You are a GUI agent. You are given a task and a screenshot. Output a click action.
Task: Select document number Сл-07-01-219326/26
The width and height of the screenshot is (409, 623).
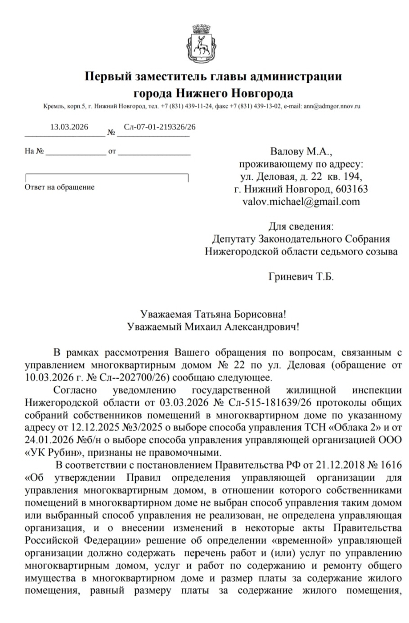click(x=159, y=127)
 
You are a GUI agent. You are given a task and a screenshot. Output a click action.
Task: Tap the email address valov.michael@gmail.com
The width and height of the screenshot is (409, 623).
click(x=301, y=201)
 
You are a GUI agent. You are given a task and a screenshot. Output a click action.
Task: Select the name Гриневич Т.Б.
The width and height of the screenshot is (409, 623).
click(x=301, y=277)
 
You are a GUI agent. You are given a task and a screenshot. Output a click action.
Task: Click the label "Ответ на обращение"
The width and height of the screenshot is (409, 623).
click(x=59, y=187)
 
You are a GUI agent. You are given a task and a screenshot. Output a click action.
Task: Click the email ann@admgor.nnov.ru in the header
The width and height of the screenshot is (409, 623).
click(x=332, y=107)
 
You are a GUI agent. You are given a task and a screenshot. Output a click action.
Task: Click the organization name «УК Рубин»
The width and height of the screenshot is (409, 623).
click(x=52, y=452)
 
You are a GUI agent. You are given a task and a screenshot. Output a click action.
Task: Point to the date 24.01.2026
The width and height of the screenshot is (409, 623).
click(x=46, y=439)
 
